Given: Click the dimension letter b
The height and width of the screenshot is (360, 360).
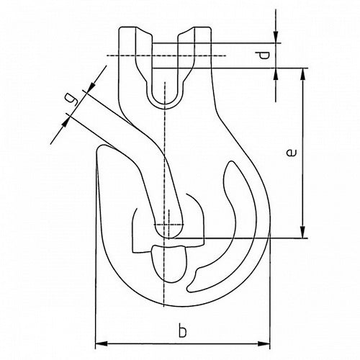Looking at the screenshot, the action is pyautogui.click(x=182, y=330).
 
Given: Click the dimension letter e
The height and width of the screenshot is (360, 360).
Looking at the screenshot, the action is pyautogui.click(x=292, y=153).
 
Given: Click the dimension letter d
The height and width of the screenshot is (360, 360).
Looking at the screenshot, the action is pyautogui.click(x=264, y=55).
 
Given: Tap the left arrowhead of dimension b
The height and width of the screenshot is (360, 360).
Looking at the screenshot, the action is pyautogui.click(x=102, y=343).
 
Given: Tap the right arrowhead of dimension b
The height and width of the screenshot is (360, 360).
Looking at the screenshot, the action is pyautogui.click(x=264, y=343).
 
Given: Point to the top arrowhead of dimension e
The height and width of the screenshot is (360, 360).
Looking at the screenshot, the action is pyautogui.click(x=303, y=74).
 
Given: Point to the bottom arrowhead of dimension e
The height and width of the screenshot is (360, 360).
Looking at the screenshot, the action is pyautogui.click(x=303, y=232).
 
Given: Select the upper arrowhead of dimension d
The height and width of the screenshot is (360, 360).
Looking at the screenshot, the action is pyautogui.click(x=276, y=37).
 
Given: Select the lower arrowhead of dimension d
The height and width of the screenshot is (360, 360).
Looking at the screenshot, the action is pyautogui.click(x=276, y=74).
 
